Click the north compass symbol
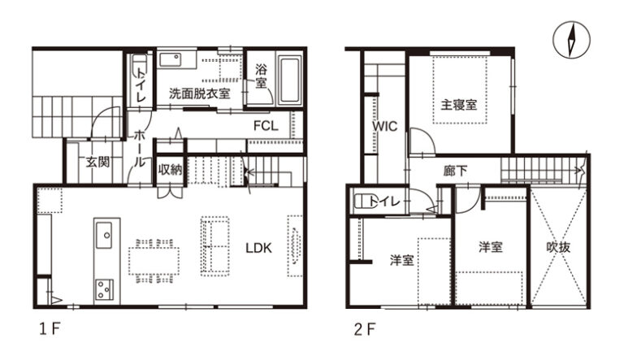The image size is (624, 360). click(x=571, y=40)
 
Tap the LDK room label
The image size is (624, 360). click(x=258, y=248)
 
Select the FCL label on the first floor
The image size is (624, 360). click(x=266, y=126)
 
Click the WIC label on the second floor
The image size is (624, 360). click(x=384, y=126)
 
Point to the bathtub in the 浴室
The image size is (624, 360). click(x=289, y=80)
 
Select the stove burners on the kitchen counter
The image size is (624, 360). click(x=104, y=289)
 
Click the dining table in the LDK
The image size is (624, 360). click(x=154, y=261)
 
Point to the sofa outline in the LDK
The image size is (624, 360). click(x=214, y=246)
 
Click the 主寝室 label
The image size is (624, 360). click(x=458, y=105)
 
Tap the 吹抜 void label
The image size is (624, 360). click(x=558, y=247)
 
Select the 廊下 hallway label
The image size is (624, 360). click(x=455, y=171)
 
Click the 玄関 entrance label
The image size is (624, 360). click(x=97, y=162)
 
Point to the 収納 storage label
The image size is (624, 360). click(x=170, y=170)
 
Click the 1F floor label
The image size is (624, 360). click(x=50, y=329)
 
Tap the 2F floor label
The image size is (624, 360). click(x=365, y=329)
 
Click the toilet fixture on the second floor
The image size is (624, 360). click(x=362, y=201)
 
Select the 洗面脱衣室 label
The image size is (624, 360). click(x=199, y=93)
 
